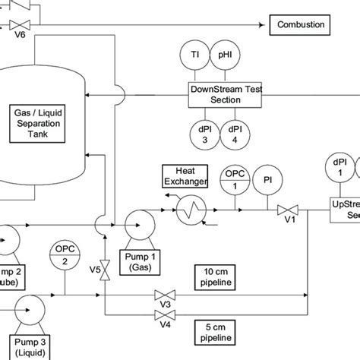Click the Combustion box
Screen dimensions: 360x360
coord(300,26)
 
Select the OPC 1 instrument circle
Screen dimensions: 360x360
coord(233,181)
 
